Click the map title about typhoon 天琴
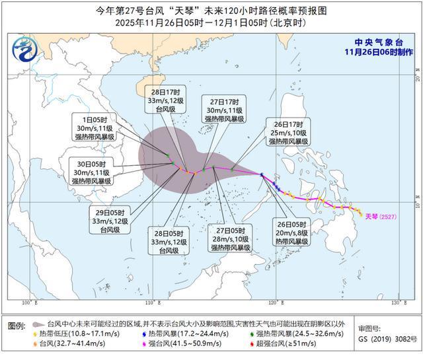pyautogui.click(x=211, y=11)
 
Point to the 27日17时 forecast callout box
pyautogui.click(x=223, y=110)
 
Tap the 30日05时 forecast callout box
pyautogui.click(x=90, y=171)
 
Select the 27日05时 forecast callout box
pyautogui.click(x=230, y=238)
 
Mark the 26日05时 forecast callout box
pyautogui.click(x=292, y=233)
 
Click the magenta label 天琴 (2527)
pyautogui.click(x=380, y=216)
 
